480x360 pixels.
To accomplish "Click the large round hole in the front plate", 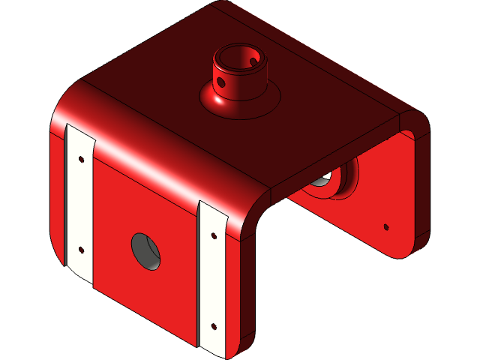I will click(147, 250).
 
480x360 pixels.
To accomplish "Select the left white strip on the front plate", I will click(79, 202).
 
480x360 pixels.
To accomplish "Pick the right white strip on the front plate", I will click(212, 277).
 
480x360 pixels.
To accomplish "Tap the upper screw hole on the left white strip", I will click(80, 158).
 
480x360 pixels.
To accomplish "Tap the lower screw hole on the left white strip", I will click(81, 250).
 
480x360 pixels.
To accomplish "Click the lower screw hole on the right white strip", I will click(214, 326).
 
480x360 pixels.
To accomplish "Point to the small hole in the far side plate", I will click(386, 226).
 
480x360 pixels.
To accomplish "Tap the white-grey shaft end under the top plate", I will click(322, 180).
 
